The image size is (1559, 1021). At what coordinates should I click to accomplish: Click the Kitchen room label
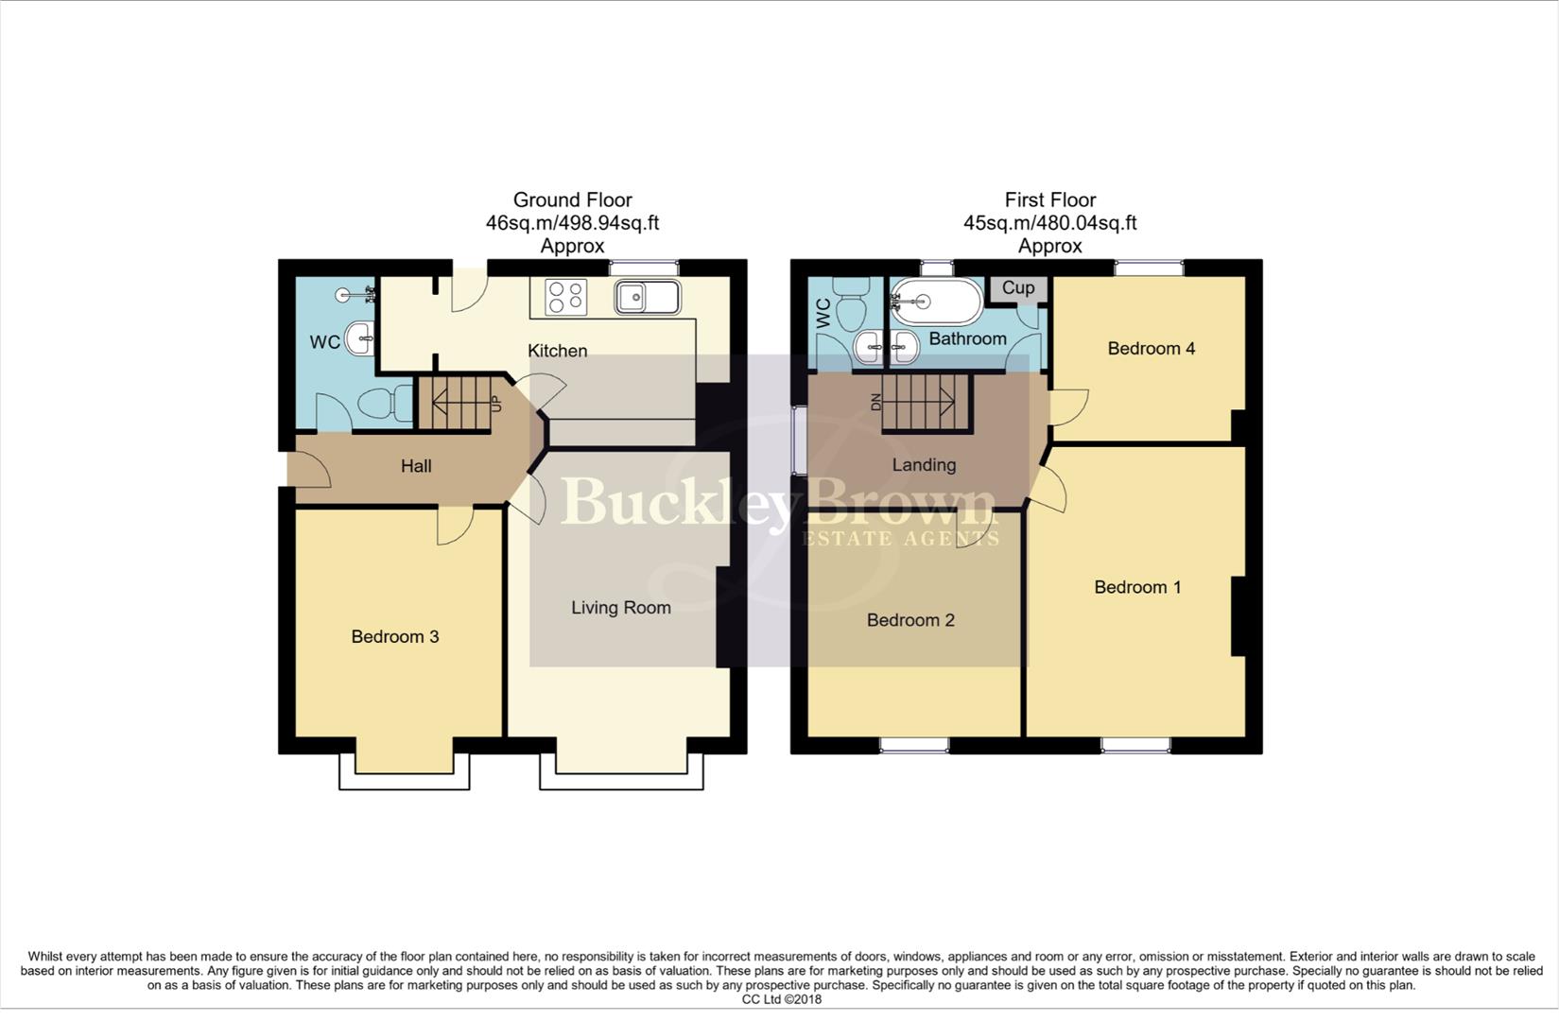tap(557, 351)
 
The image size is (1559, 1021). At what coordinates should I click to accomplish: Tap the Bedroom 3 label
tap(394, 636)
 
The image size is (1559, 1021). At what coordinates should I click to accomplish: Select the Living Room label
tap(620, 608)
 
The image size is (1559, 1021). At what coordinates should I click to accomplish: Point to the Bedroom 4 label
tap(1151, 349)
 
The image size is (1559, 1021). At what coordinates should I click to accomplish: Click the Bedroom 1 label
tap(1137, 587)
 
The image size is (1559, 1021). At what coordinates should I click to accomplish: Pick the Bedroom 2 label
tap(909, 620)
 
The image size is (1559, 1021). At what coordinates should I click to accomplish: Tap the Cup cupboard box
tap(1018, 288)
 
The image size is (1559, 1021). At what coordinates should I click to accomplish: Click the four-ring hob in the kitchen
tap(566, 297)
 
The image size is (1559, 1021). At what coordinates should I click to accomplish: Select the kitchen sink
tap(647, 297)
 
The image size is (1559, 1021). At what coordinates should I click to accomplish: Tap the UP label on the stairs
tap(495, 403)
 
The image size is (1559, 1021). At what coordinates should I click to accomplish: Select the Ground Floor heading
tap(572, 200)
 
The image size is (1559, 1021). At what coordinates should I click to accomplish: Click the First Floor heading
tap(1049, 200)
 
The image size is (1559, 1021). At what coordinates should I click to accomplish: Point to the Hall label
tap(416, 466)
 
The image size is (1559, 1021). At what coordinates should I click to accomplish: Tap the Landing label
tap(924, 465)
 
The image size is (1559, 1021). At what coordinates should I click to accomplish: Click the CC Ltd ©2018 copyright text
tap(781, 999)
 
